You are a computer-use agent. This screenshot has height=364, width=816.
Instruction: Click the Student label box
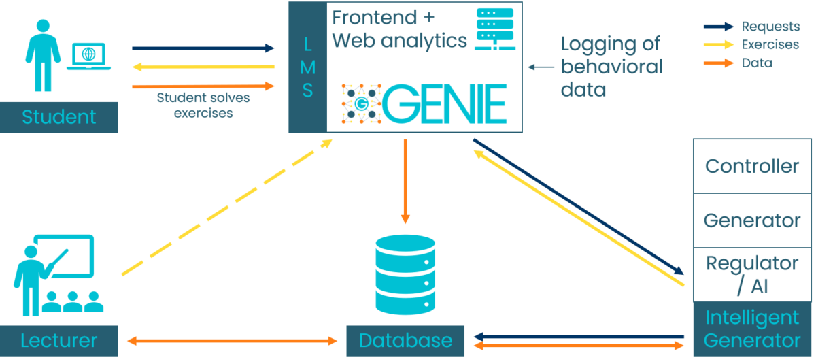click(x=59, y=117)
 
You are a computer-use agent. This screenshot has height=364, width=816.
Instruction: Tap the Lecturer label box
click(x=59, y=340)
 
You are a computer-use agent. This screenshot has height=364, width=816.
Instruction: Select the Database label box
click(x=405, y=340)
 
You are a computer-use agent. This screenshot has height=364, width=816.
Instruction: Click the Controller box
click(x=752, y=166)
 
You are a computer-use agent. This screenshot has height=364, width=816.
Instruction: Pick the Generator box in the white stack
click(x=752, y=220)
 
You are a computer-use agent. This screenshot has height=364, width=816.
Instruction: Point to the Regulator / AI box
click(x=752, y=274)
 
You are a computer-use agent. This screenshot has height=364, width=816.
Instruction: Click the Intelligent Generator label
click(x=752, y=329)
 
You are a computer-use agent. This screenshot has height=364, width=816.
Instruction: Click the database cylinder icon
click(x=405, y=275)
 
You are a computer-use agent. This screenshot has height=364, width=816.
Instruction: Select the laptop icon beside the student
click(x=89, y=56)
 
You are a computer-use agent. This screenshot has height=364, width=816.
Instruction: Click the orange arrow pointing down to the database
click(x=405, y=181)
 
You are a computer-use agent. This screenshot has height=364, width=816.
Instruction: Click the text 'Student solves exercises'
click(x=203, y=105)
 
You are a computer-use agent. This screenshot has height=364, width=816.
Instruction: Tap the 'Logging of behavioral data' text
click(x=611, y=67)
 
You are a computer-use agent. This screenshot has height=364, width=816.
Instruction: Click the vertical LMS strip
click(x=307, y=67)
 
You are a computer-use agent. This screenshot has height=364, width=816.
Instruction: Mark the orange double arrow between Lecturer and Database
click(x=232, y=340)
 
